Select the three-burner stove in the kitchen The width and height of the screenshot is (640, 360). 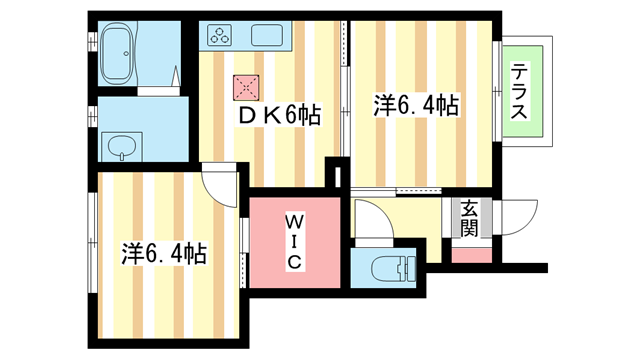(x=220, y=39)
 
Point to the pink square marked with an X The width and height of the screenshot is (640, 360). (x=246, y=88)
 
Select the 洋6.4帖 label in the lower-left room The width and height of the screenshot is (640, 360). (x=164, y=253)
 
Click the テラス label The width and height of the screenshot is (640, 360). (x=521, y=92)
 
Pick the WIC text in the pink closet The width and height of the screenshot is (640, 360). (x=295, y=240)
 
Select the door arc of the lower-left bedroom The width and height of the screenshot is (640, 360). (x=219, y=182)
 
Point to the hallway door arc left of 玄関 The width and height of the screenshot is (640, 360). (x=370, y=218)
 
